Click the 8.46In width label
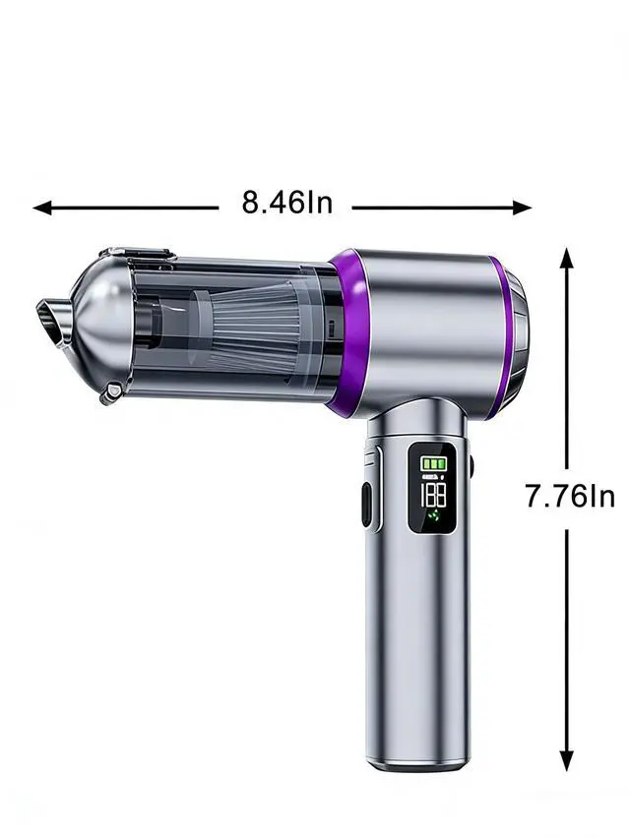coord(287,203)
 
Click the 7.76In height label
coord(570,496)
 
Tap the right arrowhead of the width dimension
coord(522,208)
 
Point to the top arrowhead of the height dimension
coord(567,258)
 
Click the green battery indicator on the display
coord(433,463)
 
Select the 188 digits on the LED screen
coord(433,496)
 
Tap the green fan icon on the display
coord(433,517)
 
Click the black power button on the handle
coord(366,505)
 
